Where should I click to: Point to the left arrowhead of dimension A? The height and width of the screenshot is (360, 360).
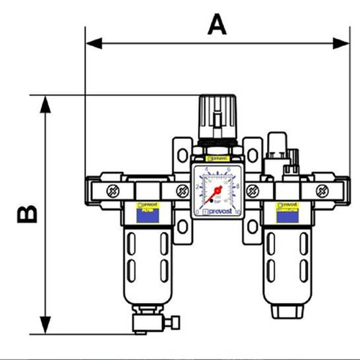coord(92,44)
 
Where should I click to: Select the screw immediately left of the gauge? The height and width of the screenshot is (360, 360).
coord(178,191)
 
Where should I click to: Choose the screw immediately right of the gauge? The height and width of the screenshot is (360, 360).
coord(252,191)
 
